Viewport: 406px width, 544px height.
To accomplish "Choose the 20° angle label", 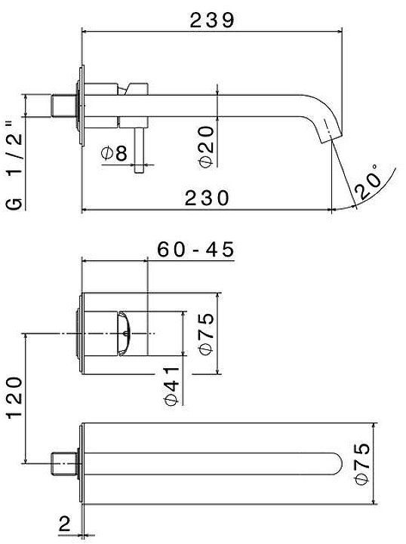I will point(368,181).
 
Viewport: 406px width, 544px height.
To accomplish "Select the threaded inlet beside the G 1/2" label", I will point(63,105).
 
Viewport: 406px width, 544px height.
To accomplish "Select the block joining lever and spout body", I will point(139,89).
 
